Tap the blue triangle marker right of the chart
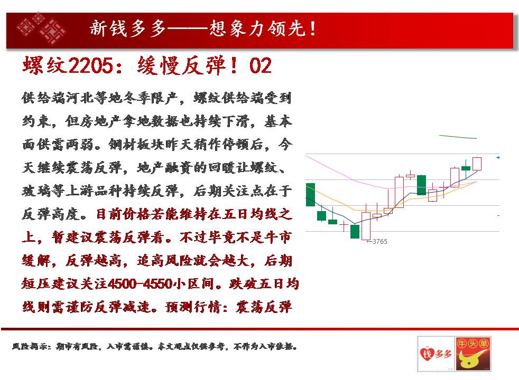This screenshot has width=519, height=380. pos(497,158)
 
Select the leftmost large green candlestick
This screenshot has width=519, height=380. pos(310,195)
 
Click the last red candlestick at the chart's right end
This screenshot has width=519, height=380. pos(477,164)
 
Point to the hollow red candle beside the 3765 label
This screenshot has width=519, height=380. pos(366,226)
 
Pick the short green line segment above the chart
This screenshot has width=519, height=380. pos(458,137)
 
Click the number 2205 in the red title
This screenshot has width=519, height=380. pos(90,65)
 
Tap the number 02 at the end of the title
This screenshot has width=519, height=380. pos(261,65)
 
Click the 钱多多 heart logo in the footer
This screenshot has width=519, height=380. pos(436,354)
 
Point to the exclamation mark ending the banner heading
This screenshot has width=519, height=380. pos(313,28)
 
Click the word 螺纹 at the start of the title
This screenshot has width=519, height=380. pos(45,65)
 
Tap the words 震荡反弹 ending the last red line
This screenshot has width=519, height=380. pos(264,307)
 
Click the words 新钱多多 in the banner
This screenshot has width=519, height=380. pos(127,28)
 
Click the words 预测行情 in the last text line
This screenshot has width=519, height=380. pos(192,307)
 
